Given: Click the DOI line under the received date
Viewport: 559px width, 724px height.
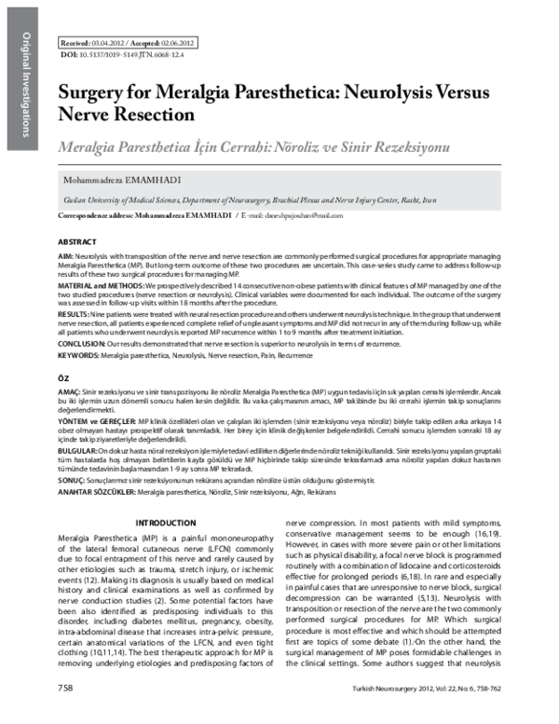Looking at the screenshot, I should point(121,55).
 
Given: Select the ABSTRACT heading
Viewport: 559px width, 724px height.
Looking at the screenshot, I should point(76,239).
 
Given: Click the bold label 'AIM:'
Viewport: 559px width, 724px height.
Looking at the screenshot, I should point(66,253).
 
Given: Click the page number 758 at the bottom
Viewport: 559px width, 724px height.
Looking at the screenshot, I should point(65,713).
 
